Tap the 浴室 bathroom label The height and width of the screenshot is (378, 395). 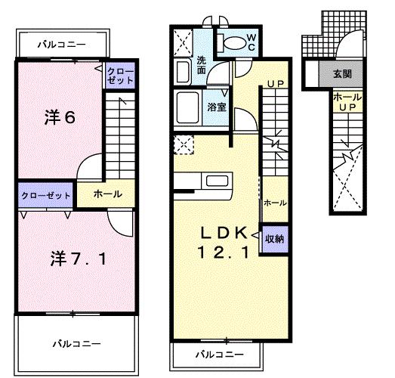pyautogui.click(x=217, y=107)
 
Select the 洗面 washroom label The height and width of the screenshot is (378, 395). pyautogui.click(x=202, y=64)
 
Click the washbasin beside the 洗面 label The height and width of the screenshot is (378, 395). pyautogui.click(x=182, y=73)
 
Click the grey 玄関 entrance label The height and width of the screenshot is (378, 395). pyautogui.click(x=342, y=75)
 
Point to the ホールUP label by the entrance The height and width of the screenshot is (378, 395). pyautogui.click(x=347, y=102)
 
